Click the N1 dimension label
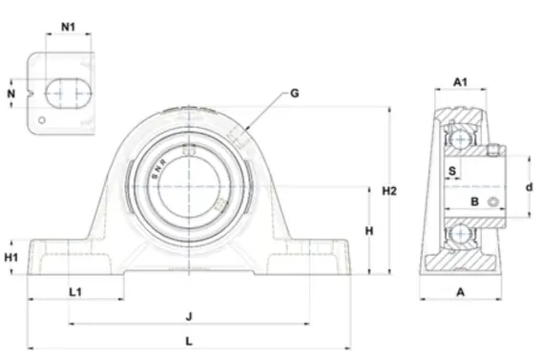coord(68,27)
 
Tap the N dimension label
coord(11,94)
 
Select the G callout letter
coord(295,93)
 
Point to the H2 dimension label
coord(389,191)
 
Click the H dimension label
coord(369,231)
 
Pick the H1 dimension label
coord(11,257)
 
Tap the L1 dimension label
coord(75,292)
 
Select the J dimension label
coord(189,316)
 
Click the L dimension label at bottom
coord(189,342)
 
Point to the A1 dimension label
coord(461,82)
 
